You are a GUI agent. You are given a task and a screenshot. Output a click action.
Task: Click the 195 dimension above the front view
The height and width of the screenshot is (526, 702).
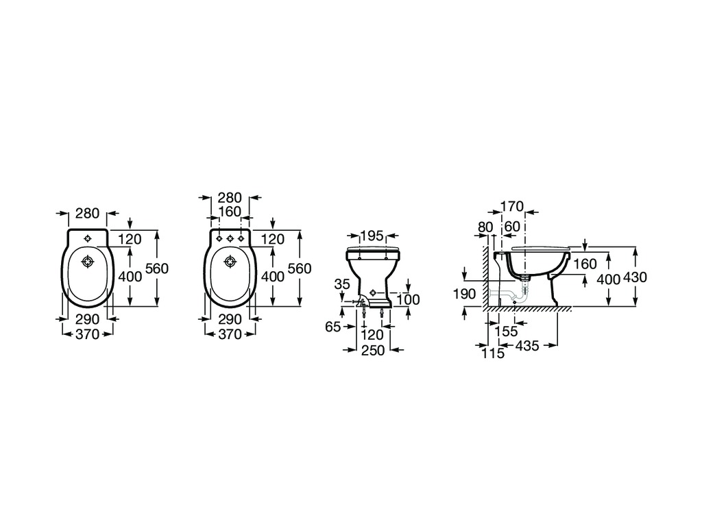[x=372, y=236]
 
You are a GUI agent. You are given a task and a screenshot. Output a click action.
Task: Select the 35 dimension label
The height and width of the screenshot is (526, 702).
[x=342, y=284]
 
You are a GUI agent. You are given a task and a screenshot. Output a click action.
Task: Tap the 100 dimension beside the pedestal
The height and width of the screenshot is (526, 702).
[x=409, y=299]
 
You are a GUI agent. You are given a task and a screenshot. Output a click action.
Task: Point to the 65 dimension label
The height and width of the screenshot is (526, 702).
[x=332, y=327]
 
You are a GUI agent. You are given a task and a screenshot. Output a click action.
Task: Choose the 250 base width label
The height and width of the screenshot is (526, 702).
[x=372, y=350]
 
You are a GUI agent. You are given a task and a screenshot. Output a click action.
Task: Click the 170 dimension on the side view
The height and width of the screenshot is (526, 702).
[x=511, y=206]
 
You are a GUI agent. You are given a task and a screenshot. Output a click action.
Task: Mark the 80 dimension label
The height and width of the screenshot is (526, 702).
[x=485, y=227]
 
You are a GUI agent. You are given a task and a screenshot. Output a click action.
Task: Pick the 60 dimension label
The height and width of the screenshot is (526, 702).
[x=512, y=227]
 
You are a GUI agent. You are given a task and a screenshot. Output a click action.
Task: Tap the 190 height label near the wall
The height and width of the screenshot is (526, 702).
[x=464, y=294]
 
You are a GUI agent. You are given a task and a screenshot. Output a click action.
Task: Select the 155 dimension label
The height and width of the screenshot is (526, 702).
[x=507, y=331]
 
